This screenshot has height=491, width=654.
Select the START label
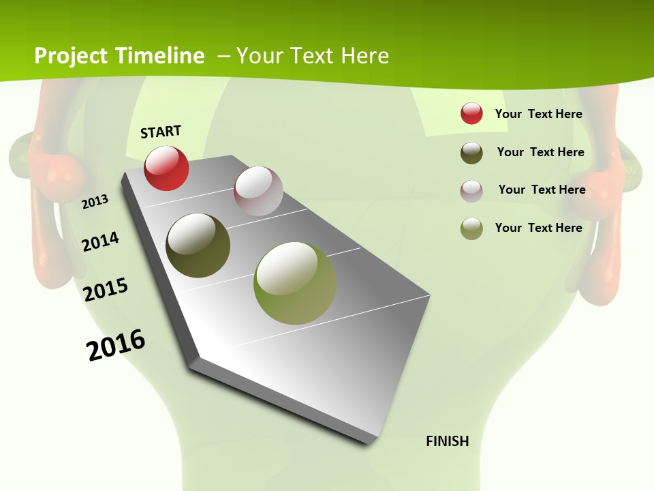161,132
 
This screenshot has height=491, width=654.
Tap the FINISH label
448,441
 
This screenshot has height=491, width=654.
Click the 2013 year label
95,201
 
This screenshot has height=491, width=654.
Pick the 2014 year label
101,241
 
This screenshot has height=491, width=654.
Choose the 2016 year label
116,345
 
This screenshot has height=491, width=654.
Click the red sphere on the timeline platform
166,168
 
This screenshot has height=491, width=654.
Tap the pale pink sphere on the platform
258,191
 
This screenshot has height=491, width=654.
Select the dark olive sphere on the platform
198,245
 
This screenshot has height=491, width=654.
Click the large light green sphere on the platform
295,283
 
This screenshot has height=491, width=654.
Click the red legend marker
471,113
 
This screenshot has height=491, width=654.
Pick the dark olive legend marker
471,153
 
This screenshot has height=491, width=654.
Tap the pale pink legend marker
471,191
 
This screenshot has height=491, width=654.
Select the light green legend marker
471,228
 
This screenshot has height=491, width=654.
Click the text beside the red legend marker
539,114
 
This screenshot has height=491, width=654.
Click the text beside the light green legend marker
539,228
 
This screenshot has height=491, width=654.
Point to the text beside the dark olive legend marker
541,152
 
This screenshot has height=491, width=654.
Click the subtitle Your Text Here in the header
313,56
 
